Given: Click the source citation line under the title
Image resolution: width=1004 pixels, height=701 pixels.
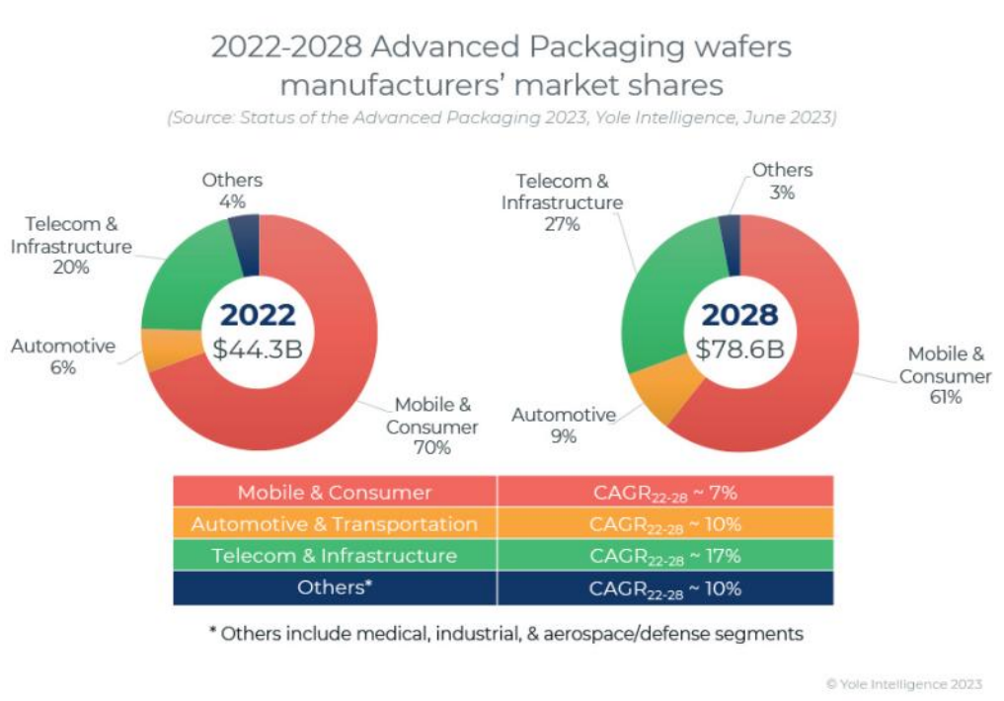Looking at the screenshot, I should click(x=502, y=117).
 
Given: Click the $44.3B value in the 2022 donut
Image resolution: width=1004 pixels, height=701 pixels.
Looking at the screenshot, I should click(x=258, y=348).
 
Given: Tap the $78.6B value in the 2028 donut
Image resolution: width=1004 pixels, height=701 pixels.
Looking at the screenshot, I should click(x=739, y=349).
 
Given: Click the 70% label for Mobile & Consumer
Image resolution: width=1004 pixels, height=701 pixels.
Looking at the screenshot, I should click(x=431, y=447).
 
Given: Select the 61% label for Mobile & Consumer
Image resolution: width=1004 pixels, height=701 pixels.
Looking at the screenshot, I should click(x=944, y=397).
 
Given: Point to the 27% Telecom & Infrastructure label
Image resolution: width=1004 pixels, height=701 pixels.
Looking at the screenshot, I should click(x=562, y=224).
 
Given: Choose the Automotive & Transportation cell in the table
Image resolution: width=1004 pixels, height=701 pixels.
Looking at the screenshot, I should click(x=335, y=523).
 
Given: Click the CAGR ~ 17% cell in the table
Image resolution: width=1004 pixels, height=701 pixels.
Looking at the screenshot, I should click(x=664, y=556).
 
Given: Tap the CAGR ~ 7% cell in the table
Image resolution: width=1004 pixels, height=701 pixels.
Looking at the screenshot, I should click(x=664, y=492).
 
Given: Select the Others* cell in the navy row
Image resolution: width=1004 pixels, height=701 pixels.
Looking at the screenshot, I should click(x=335, y=588).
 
